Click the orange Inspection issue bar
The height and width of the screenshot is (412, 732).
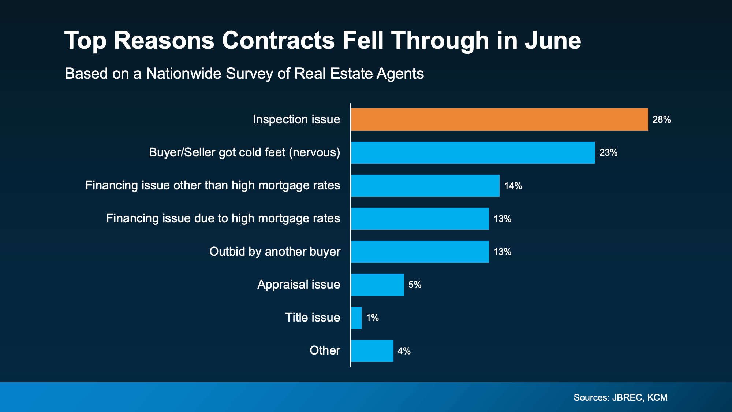(x=499, y=119)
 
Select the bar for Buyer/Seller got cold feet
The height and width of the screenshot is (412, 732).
(x=473, y=152)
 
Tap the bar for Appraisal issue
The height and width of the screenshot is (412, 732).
(x=377, y=285)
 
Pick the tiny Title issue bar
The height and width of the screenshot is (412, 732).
(x=356, y=318)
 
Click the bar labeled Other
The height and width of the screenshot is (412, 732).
(x=372, y=350)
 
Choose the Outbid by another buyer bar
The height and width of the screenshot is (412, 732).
(x=420, y=252)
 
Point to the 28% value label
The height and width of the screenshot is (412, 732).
(x=661, y=120)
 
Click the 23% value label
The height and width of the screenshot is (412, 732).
(x=608, y=153)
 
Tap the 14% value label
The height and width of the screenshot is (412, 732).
(x=513, y=186)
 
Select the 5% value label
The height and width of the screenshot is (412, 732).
(x=415, y=285)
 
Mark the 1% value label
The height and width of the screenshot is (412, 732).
(x=372, y=318)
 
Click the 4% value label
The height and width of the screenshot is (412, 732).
(x=404, y=351)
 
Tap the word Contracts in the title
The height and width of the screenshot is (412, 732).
(x=278, y=40)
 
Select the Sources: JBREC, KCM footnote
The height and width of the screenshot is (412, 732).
(x=620, y=397)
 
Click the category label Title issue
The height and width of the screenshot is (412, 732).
(x=313, y=318)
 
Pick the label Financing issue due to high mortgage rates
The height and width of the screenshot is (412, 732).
(x=223, y=219)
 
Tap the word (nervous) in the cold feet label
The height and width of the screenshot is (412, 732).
(x=314, y=152)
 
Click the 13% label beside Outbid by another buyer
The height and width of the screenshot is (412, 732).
(x=502, y=252)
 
